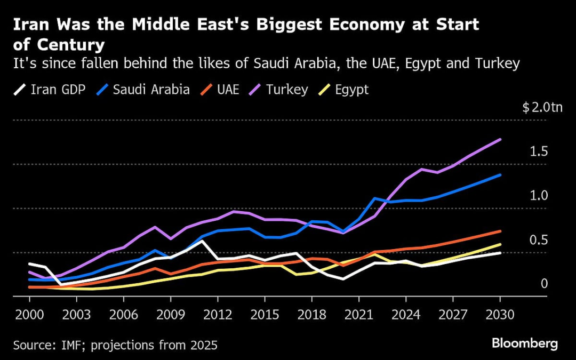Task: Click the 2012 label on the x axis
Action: coord(217,314)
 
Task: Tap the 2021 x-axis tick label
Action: coord(358,314)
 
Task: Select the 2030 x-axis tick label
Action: coord(500,314)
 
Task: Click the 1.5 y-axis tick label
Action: coord(539,152)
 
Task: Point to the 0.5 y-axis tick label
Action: coord(539,240)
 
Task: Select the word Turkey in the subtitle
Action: coord(495,64)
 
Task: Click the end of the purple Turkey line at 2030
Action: coord(500,139)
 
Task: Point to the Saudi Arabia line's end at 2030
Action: coord(500,174)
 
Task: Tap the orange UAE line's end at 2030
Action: coord(500,231)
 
